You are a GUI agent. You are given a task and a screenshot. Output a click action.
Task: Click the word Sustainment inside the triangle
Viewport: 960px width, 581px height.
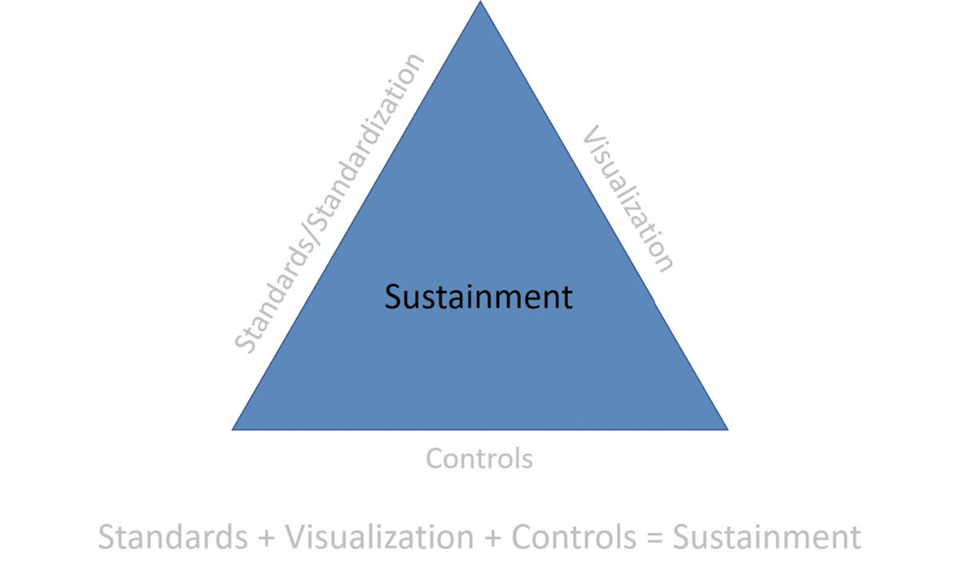click(478, 297)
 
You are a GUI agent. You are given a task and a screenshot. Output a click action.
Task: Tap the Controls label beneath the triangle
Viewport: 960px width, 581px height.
click(478, 459)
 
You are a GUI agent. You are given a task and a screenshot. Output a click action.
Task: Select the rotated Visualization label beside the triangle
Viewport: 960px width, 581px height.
click(627, 198)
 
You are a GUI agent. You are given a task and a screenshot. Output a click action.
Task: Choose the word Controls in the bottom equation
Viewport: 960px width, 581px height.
click(573, 537)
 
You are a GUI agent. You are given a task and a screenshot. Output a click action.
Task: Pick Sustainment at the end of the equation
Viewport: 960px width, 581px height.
click(766, 537)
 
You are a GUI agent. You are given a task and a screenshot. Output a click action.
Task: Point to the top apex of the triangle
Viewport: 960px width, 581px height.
click(480, 2)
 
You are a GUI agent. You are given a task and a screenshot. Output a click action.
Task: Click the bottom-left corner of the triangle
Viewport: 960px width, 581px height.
click(234, 429)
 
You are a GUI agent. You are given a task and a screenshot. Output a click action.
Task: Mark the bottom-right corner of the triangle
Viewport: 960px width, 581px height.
click(726, 429)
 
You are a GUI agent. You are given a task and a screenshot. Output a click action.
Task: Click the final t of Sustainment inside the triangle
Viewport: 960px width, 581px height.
click(567, 297)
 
